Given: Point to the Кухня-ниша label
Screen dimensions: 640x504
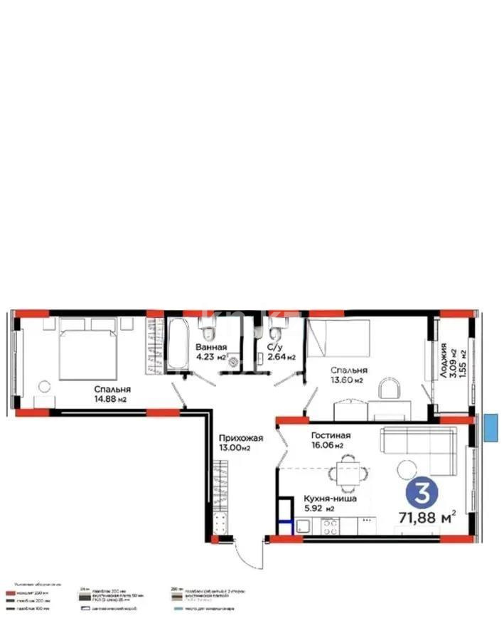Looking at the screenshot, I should point(327,499).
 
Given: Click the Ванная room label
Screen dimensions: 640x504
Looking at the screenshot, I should point(211,347).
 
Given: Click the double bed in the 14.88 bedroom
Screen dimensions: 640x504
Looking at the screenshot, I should point(87,350).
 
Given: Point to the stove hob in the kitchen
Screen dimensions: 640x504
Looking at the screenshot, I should point(330,527).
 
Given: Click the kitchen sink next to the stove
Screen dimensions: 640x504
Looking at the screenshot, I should point(303,527).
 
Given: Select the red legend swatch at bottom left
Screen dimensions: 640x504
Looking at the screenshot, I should point(10,592).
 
